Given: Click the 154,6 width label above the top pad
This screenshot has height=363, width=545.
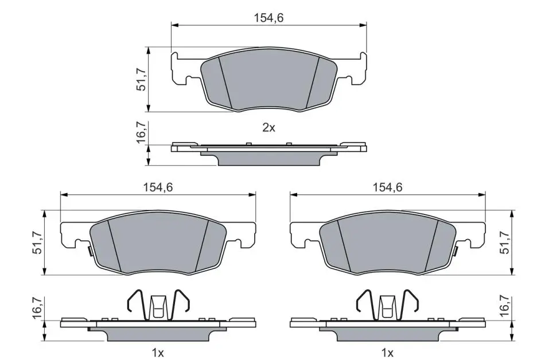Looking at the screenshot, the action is pyautogui.click(x=268, y=18).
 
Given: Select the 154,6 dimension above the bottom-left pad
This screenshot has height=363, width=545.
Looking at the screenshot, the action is pyautogui.click(x=158, y=187).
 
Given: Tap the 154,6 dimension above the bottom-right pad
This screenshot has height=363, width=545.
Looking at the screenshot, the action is pyautogui.click(x=388, y=187).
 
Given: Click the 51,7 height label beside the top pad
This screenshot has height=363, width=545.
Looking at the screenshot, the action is pyautogui.click(x=141, y=80).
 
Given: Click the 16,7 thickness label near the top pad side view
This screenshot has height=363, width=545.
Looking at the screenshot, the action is pyautogui.click(x=141, y=132).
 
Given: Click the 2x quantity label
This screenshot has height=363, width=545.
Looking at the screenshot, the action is pyautogui.click(x=268, y=128).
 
